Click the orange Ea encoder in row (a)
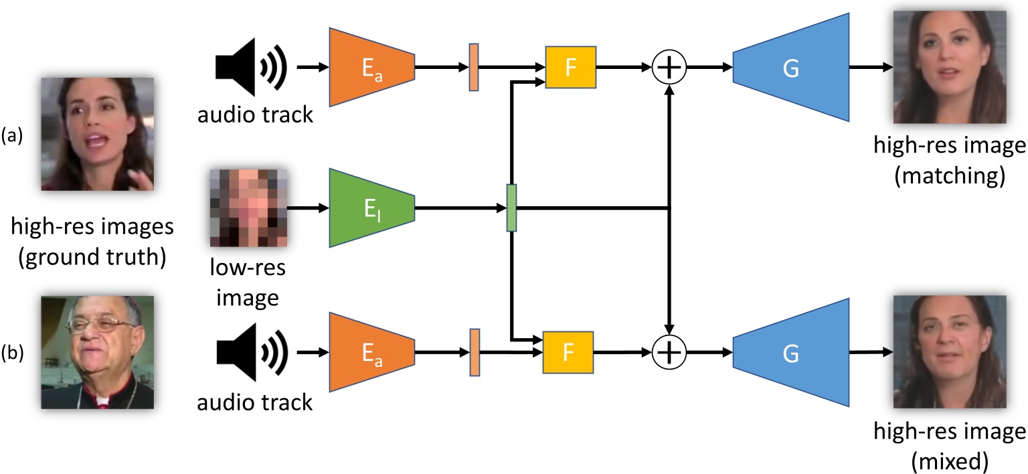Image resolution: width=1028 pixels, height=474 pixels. [371, 67]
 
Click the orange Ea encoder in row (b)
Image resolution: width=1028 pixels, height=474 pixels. [371, 352]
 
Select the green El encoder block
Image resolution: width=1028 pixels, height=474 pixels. [371, 209]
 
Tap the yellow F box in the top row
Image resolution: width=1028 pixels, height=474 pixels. [570, 68]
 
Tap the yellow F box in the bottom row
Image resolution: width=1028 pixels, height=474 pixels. [568, 352]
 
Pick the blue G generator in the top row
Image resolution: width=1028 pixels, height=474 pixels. [790, 68]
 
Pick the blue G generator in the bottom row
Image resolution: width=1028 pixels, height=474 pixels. [790, 352]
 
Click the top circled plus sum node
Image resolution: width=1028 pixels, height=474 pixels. [669, 68]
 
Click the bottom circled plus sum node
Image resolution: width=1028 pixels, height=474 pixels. [669, 352]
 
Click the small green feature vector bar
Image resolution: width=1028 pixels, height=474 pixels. [511, 208]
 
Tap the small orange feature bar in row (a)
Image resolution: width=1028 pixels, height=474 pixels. [474, 67]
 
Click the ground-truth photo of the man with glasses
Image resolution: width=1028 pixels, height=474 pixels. [98, 352]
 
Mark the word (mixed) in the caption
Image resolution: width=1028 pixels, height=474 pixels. [949, 459]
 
